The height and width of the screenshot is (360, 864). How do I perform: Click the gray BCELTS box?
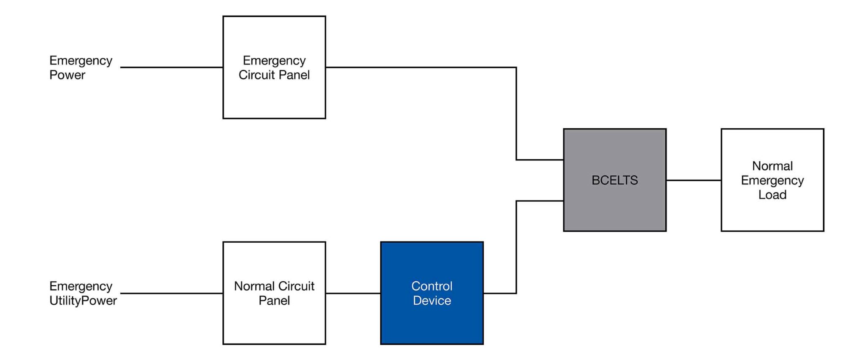(x=615, y=180)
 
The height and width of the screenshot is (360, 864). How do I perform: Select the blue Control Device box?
(x=432, y=293)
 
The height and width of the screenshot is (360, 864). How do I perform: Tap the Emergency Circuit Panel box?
(x=274, y=68)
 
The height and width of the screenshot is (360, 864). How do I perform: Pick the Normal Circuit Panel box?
(x=274, y=293)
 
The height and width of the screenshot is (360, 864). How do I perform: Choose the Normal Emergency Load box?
(x=772, y=180)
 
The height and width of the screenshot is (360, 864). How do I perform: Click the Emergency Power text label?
(x=80, y=68)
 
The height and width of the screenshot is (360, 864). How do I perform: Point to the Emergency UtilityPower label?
(x=83, y=293)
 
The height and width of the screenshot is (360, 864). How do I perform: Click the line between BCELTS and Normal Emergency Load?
(x=694, y=180)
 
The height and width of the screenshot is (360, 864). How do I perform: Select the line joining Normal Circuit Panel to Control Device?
(x=353, y=293)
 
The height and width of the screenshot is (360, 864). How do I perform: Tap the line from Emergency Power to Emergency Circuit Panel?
(x=171, y=67)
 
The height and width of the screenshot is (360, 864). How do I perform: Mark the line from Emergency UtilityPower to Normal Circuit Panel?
(x=171, y=293)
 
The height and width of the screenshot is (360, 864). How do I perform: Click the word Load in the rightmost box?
(x=772, y=195)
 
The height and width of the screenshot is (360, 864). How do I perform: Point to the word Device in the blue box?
(x=432, y=300)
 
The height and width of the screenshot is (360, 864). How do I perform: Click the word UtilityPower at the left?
(x=83, y=300)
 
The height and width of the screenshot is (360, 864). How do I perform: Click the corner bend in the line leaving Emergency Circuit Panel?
(x=516, y=68)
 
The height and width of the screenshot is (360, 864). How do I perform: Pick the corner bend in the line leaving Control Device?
(x=516, y=293)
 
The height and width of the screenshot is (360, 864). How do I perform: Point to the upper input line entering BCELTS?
(x=540, y=160)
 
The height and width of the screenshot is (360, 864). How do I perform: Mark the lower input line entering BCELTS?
(x=540, y=201)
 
